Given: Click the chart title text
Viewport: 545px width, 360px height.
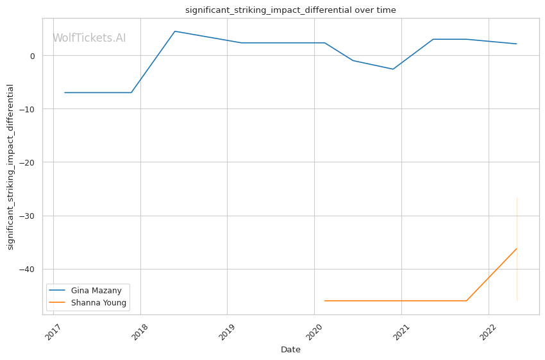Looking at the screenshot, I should (x=290, y=10).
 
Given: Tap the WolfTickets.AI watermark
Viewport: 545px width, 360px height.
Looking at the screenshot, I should (x=89, y=39).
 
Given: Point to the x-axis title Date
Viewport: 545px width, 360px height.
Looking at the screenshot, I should (x=290, y=350).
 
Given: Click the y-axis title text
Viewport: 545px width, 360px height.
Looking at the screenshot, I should (x=10, y=167).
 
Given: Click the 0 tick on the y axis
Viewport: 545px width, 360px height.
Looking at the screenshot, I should (x=31, y=56).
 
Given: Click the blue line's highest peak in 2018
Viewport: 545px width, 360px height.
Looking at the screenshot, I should (x=174, y=31).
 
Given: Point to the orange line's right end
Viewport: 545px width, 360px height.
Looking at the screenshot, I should (x=517, y=248).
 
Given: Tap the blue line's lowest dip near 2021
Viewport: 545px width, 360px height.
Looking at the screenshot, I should (x=393, y=69).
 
